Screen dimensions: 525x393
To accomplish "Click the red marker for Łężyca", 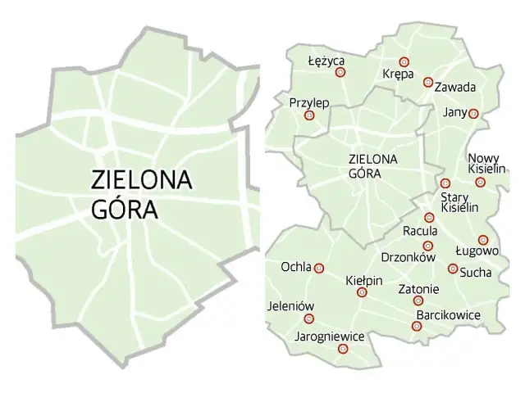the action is [340, 72].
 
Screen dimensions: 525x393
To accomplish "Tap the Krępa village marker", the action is [404, 61].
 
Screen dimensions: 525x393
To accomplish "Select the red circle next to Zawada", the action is [427, 82].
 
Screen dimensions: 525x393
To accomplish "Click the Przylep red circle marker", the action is [309, 115].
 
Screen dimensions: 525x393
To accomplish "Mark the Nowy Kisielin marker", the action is [481, 182].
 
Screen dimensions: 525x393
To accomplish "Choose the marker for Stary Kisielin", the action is [445, 183].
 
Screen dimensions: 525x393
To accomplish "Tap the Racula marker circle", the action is [429, 217].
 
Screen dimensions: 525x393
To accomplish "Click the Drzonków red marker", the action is [427, 246].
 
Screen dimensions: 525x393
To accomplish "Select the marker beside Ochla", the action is [320, 268].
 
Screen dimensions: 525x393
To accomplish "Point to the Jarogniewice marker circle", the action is [343, 349].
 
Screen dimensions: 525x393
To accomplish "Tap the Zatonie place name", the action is [418, 289].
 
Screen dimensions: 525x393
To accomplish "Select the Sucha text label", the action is [476, 271].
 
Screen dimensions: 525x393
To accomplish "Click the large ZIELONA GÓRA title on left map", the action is [141, 194].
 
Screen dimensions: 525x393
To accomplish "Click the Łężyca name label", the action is [326, 61].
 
